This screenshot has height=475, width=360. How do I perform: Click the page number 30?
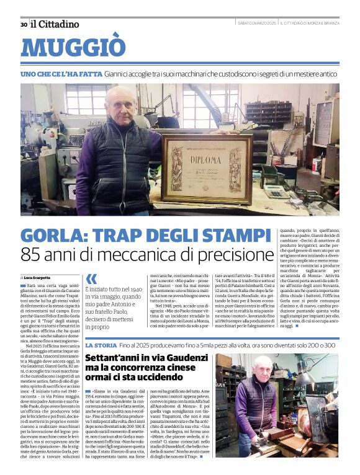(23, 24)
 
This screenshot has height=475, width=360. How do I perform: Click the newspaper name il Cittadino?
(56, 24)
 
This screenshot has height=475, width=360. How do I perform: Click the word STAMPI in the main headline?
(231, 236)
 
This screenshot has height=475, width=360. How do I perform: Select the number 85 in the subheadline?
(34, 255)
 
